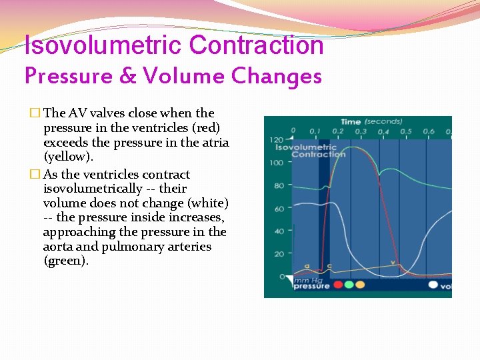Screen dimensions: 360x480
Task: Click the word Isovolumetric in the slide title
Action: click(104, 45)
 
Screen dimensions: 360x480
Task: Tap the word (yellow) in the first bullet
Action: click(67, 157)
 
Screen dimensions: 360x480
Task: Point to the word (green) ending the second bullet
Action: click(65, 261)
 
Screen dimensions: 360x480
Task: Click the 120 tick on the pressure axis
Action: click(276, 140)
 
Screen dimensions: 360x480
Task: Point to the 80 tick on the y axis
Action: click(279, 186)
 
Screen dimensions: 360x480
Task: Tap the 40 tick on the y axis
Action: click(279, 231)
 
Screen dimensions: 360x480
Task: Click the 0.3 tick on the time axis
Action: click(361, 131)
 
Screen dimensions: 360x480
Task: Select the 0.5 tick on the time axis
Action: click(406, 131)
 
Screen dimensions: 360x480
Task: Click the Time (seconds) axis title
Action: click(371, 122)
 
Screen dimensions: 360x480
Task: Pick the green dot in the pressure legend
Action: click(349, 285)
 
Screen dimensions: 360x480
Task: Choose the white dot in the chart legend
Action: click(433, 285)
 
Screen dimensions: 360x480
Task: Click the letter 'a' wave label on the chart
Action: click(307, 266)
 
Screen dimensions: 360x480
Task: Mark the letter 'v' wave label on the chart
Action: click(393, 263)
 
